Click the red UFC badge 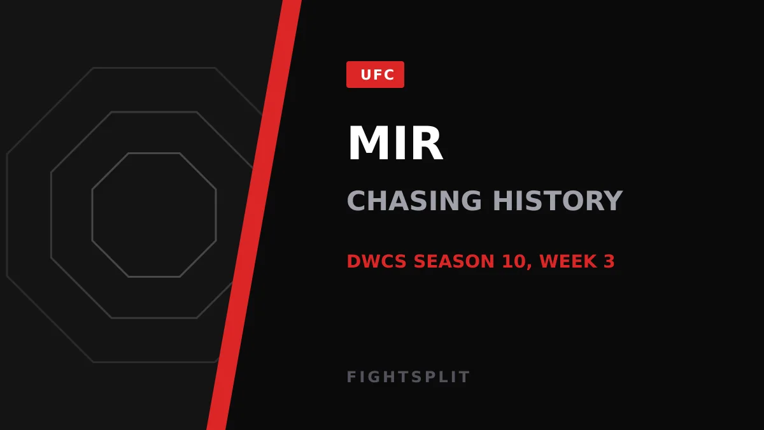[x=375, y=75]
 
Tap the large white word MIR [x=395, y=143]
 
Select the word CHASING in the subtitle [x=414, y=201]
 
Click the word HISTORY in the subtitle [x=558, y=201]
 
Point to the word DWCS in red [x=376, y=261]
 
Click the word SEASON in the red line [x=454, y=261]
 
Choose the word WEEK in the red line [x=568, y=261]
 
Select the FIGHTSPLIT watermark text [x=408, y=377]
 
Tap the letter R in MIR [x=428, y=143]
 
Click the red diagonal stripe [x=254, y=215]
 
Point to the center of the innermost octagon [x=154, y=215]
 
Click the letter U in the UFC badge [x=365, y=75]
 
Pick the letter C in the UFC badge [x=389, y=75]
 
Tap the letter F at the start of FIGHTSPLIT [x=351, y=377]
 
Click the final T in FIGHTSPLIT [x=465, y=377]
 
